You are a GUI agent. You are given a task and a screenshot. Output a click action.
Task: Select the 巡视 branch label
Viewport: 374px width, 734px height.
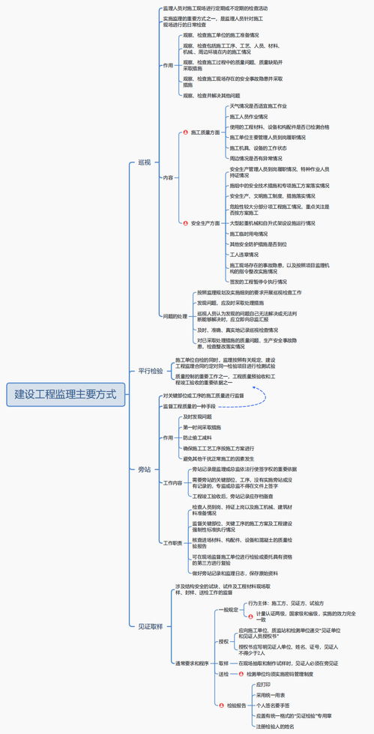(145, 162)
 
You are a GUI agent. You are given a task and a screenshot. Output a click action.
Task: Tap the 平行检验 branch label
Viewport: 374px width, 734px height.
(150, 371)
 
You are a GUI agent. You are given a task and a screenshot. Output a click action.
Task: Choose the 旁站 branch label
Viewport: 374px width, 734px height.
(145, 469)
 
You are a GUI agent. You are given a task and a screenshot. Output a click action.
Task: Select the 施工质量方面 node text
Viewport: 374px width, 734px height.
(205, 133)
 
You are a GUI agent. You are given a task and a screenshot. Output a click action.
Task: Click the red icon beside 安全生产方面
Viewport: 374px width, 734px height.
(185, 222)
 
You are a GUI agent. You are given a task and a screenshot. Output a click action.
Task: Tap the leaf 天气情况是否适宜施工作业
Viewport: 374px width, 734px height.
(258, 106)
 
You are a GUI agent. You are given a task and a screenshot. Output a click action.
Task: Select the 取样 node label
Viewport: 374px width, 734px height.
(223, 663)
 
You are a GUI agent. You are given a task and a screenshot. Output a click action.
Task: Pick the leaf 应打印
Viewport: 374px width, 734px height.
(263, 685)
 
